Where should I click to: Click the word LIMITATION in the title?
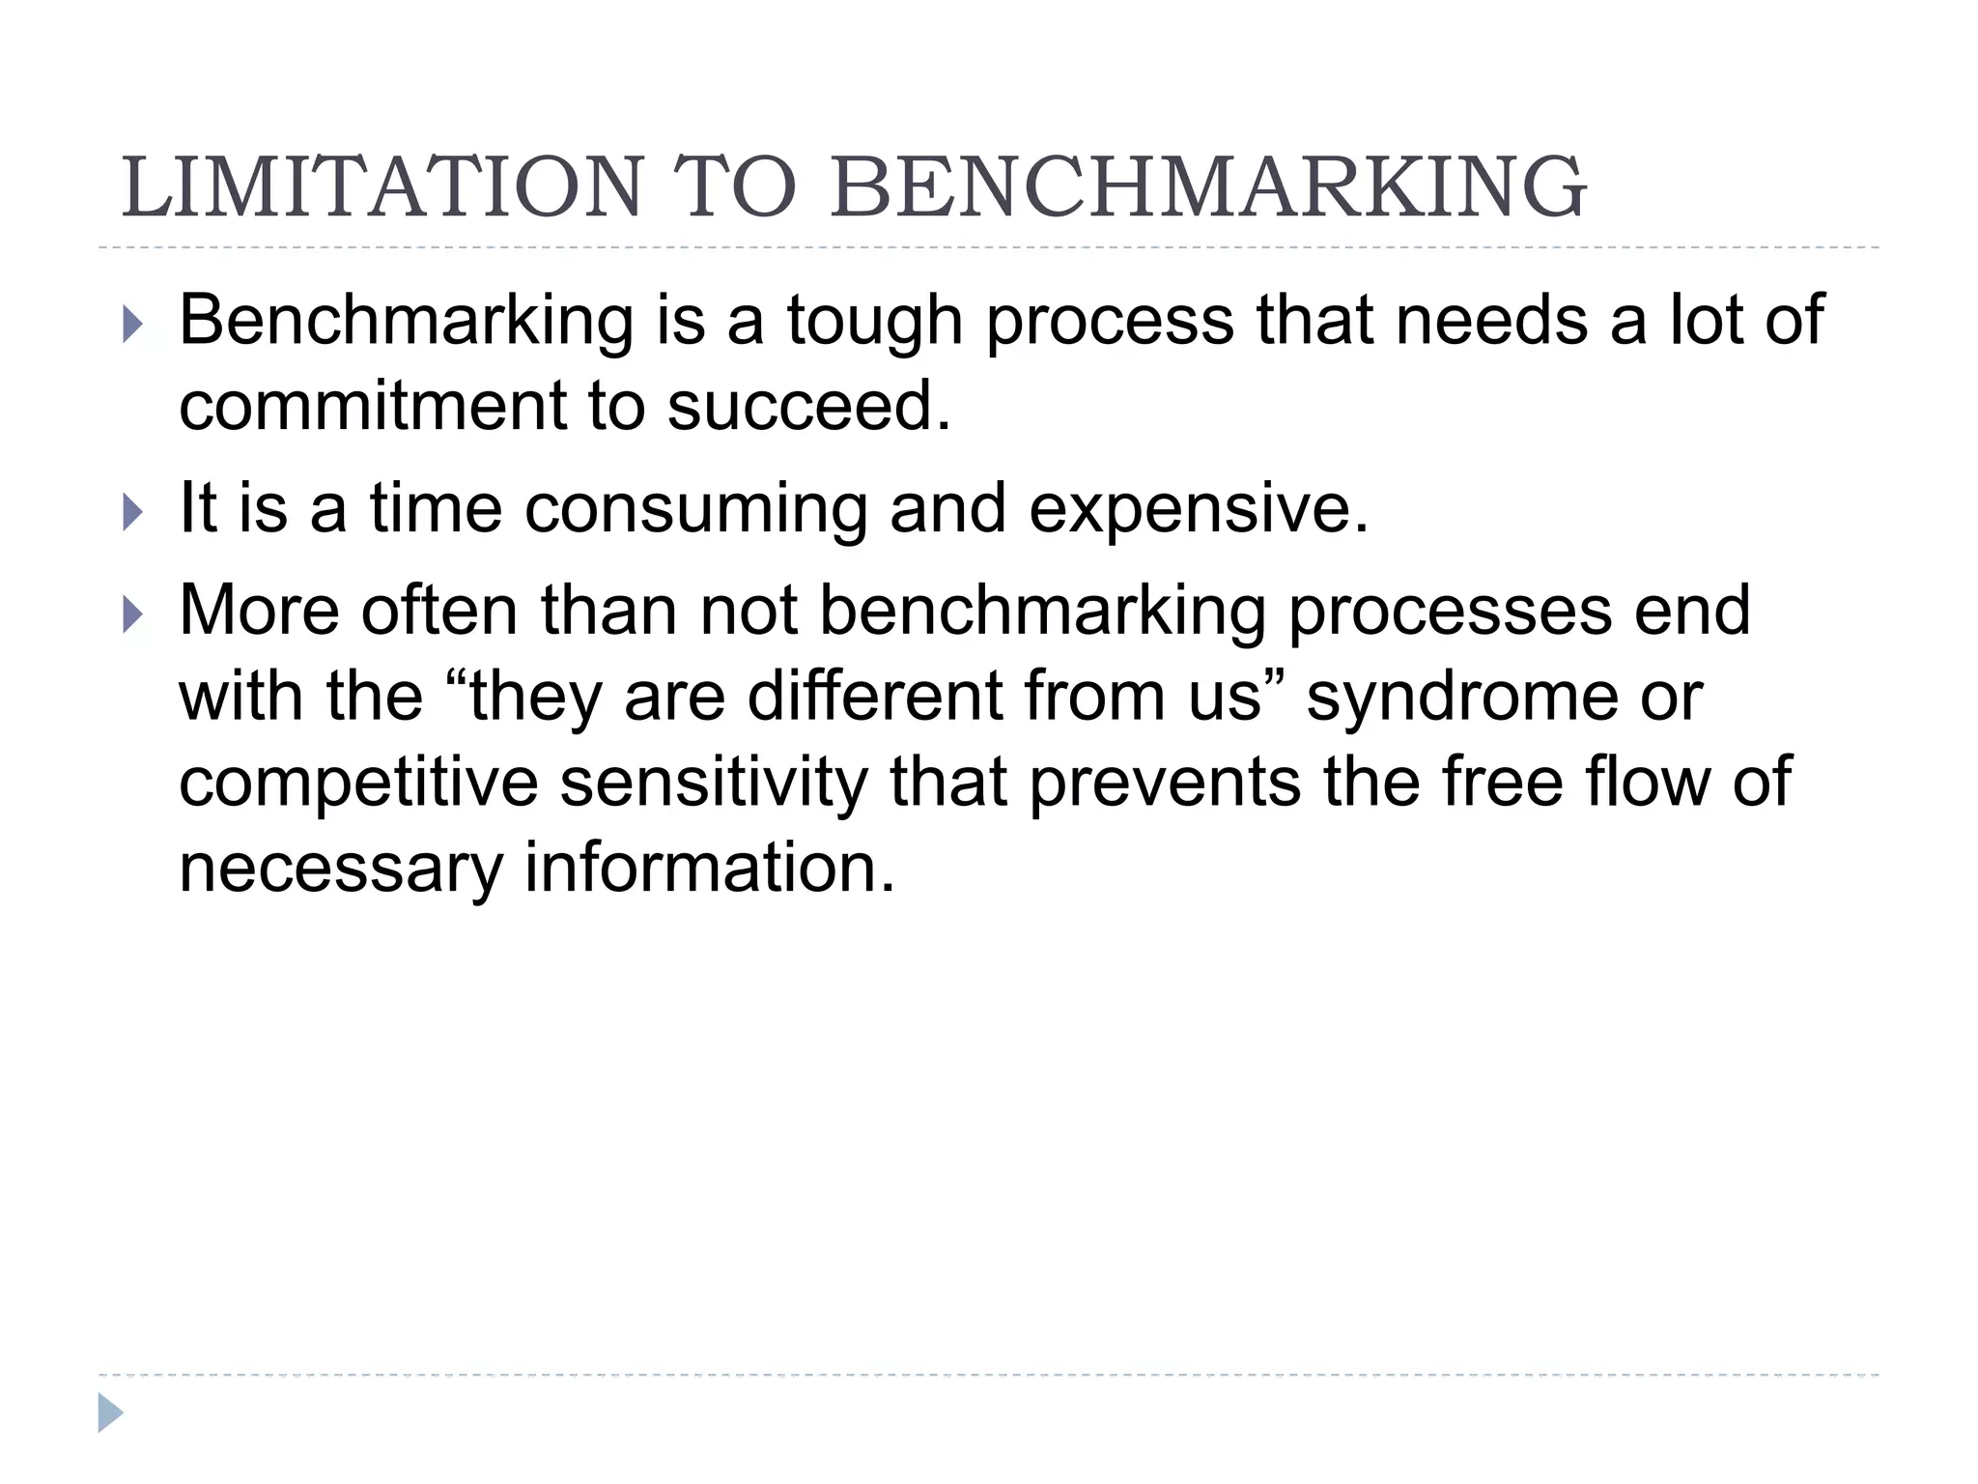point(381,187)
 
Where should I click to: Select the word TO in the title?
point(734,187)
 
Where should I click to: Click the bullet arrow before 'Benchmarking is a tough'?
point(133,326)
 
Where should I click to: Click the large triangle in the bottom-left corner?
point(110,1413)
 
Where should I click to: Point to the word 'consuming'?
point(695,508)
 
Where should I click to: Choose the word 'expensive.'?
point(1199,508)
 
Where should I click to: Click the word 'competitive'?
point(358,783)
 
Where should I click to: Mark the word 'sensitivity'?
point(714,783)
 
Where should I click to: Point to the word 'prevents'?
point(1164,783)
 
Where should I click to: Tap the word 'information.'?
point(710,867)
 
